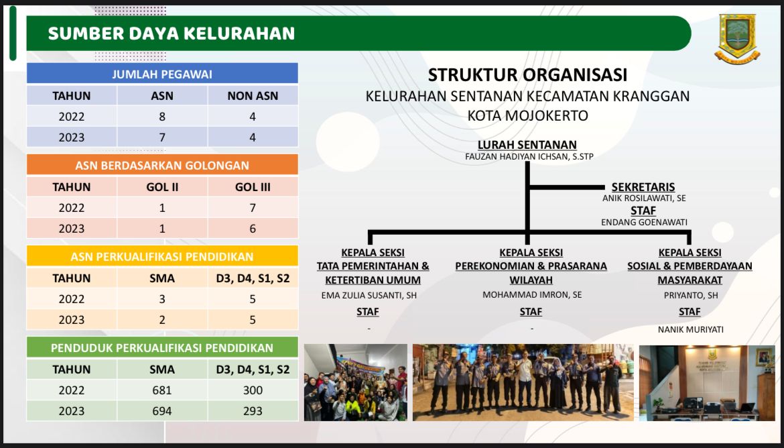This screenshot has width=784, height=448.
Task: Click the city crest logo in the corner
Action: tap(737, 38)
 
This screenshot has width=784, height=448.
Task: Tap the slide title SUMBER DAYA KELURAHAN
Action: tap(172, 34)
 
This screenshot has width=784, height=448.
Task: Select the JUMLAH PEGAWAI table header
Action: tap(162, 74)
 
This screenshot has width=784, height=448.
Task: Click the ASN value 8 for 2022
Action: tap(162, 117)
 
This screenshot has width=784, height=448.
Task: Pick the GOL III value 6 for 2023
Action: tap(253, 229)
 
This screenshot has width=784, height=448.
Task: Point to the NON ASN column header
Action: tap(253, 96)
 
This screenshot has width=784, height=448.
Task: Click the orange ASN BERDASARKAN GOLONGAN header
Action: tap(162, 165)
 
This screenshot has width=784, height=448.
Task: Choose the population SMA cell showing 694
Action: tap(162, 411)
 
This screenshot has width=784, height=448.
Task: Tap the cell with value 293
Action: tap(253, 411)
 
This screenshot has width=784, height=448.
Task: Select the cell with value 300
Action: tap(253, 390)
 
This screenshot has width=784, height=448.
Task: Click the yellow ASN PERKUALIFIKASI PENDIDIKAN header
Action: tap(162, 257)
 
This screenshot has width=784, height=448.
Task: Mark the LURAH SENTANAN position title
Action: tap(527, 145)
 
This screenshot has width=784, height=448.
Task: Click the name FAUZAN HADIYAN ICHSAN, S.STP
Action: tap(529, 157)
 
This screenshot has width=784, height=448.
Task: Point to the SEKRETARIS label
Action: tap(643, 186)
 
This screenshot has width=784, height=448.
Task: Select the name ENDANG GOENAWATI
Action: tap(644, 222)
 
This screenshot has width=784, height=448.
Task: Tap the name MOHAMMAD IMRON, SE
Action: tap(532, 295)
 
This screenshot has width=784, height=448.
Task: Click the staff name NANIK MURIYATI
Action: tap(690, 329)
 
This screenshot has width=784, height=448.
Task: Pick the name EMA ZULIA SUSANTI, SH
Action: tap(369, 295)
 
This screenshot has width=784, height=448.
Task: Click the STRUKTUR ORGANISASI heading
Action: tap(527, 75)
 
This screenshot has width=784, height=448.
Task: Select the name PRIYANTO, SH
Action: tap(690, 295)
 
